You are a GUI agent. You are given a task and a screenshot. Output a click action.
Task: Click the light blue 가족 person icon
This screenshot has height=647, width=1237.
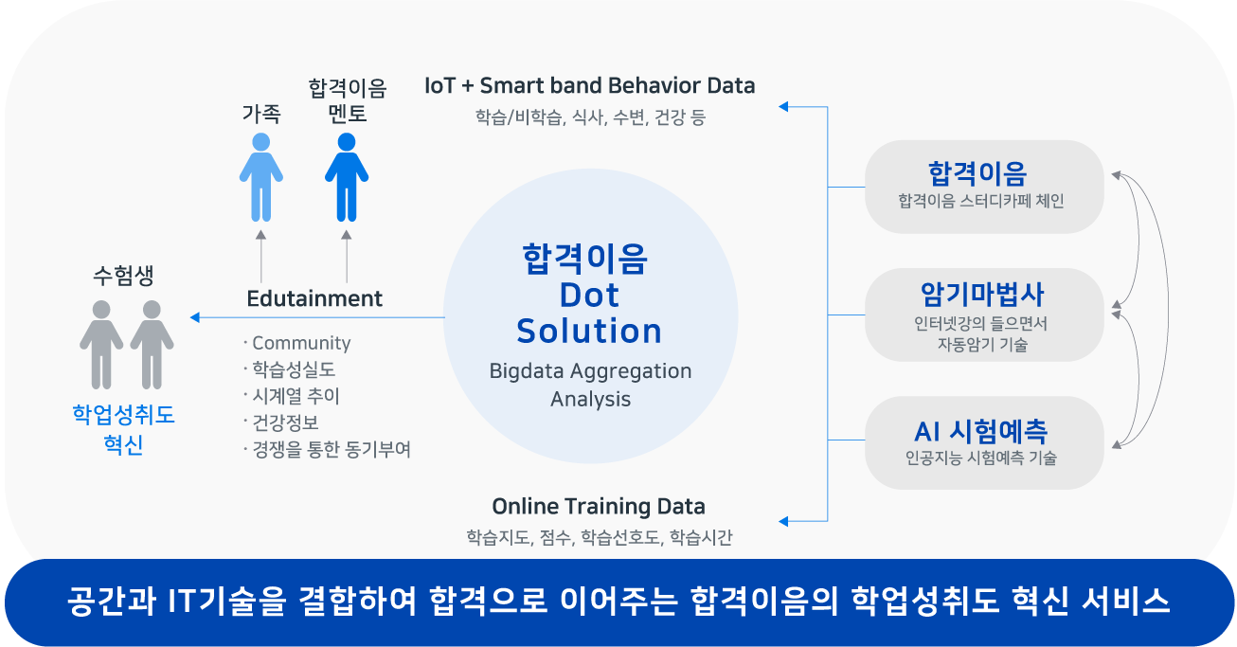(x=261, y=177)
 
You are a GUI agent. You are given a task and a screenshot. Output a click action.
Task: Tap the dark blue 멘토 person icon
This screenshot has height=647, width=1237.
(x=347, y=177)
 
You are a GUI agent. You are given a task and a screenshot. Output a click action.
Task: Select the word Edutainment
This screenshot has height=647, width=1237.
(x=314, y=298)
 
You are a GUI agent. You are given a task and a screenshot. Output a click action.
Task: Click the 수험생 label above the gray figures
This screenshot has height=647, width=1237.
(x=123, y=275)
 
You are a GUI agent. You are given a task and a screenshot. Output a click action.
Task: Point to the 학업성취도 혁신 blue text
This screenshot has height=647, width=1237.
(x=124, y=429)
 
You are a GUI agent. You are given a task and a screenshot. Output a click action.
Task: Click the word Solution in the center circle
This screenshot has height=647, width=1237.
(x=589, y=331)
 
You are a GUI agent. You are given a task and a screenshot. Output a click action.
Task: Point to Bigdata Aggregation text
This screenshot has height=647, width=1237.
(x=590, y=371)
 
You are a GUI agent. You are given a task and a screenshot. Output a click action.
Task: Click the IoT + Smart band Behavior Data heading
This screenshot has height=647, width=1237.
(x=590, y=85)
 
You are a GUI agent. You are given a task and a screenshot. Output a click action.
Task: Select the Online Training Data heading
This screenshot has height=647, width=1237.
(x=599, y=506)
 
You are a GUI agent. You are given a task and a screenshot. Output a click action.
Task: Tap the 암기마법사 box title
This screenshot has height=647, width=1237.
(x=982, y=294)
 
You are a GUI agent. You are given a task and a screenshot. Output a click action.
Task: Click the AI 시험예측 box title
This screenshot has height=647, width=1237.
(x=980, y=432)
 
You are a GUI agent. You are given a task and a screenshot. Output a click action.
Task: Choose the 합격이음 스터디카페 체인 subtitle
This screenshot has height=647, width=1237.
(x=980, y=201)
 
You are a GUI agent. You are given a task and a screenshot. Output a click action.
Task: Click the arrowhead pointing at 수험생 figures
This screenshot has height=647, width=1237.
(x=194, y=317)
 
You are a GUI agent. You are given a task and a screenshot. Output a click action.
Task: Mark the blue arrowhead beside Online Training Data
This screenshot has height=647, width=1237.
(x=783, y=521)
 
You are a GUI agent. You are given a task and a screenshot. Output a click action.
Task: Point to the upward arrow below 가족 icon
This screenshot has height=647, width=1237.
(x=261, y=257)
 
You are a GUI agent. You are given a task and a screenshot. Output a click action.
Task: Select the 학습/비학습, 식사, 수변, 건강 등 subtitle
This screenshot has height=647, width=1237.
(x=590, y=117)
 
